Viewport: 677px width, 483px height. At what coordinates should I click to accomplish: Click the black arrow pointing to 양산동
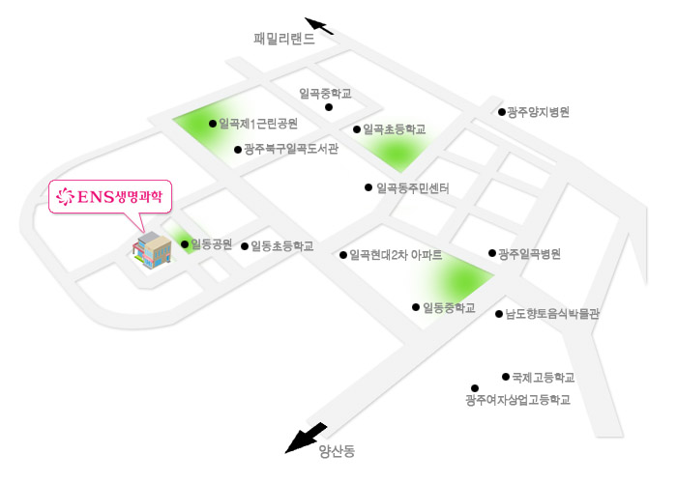[309, 438]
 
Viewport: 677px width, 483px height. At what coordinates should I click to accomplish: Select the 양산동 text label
[337, 450]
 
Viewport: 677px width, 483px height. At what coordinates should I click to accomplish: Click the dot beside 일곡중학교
[329, 107]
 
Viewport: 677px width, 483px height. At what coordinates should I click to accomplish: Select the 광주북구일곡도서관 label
[291, 149]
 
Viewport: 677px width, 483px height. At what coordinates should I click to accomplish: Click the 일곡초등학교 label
[394, 129]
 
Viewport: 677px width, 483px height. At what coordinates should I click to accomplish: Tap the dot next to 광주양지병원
[502, 112]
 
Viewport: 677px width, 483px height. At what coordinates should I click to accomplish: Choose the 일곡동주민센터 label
[412, 187]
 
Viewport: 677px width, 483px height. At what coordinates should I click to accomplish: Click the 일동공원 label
[212, 244]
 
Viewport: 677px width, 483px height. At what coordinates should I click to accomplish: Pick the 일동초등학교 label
[282, 246]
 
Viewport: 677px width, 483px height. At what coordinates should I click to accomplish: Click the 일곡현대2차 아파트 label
[397, 255]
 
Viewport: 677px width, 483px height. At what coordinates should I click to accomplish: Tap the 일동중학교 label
[450, 308]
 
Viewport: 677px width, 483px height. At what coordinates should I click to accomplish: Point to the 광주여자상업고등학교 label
[517, 400]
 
